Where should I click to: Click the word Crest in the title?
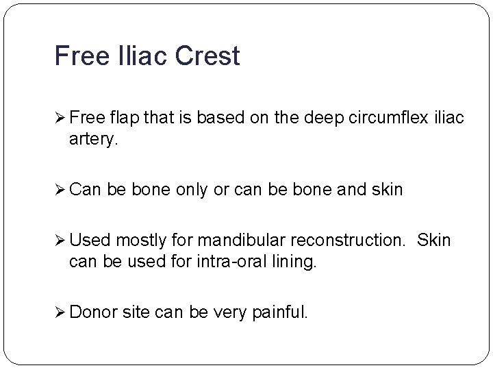click(209, 56)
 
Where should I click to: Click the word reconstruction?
click(348, 241)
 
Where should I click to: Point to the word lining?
click(297, 261)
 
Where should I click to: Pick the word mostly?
click(137, 241)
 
